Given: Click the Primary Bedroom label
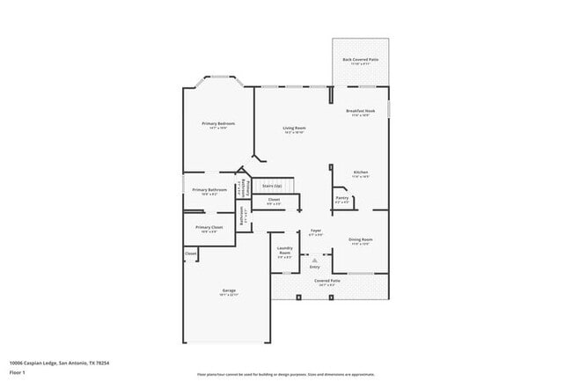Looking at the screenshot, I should click(x=218, y=124).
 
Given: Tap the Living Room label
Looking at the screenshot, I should click(x=294, y=129).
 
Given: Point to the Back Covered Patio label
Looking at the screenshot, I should click(x=362, y=60).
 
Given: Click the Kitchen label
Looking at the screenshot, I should click(x=361, y=172).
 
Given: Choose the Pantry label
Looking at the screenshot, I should click(x=342, y=198).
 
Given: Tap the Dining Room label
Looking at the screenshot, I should click(x=361, y=239).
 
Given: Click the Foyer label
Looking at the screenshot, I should click(x=315, y=231).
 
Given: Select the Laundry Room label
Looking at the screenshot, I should click(x=285, y=250).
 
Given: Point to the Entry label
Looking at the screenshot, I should click(x=315, y=266).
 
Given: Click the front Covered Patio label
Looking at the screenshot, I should click(x=328, y=281).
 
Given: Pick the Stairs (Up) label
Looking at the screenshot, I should click(x=272, y=186).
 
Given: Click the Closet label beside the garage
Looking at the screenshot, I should click(x=191, y=254).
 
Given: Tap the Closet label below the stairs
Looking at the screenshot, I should click(x=275, y=200).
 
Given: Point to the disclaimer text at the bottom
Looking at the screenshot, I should click(x=285, y=373).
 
